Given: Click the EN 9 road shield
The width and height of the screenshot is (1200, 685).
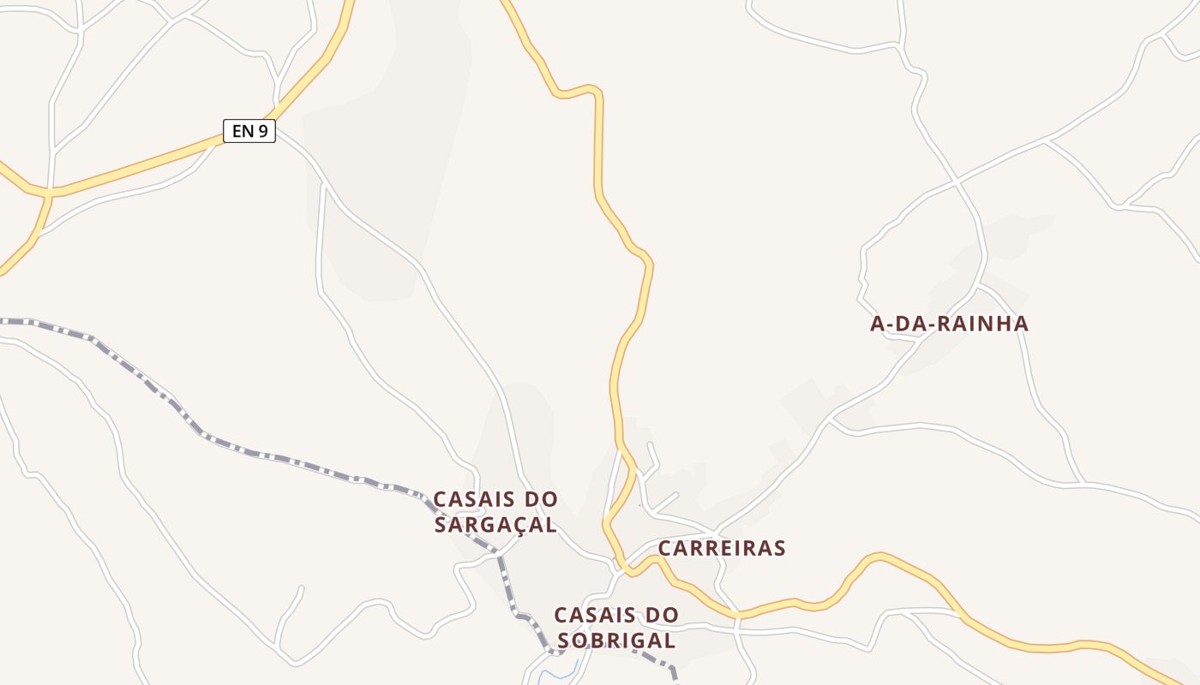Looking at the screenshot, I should (x=249, y=131).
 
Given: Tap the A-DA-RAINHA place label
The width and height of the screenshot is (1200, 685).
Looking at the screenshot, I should (x=949, y=324).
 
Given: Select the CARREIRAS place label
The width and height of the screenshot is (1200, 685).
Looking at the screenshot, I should (x=722, y=548).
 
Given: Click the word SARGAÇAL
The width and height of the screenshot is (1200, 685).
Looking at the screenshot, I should (x=495, y=524).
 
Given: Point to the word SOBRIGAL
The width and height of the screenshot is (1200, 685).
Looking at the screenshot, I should (x=616, y=640).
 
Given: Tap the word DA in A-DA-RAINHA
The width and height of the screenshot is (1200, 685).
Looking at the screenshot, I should (x=911, y=324).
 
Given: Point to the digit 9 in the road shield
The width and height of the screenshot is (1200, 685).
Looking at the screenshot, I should (x=263, y=131).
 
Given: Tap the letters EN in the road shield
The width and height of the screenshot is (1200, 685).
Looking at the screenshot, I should (x=243, y=131).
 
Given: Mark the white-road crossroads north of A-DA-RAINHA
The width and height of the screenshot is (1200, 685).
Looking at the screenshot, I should (x=957, y=182).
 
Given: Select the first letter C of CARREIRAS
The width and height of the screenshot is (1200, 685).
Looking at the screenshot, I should (x=665, y=548).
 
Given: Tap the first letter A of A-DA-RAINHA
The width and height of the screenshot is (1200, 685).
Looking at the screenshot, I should (x=877, y=324).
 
